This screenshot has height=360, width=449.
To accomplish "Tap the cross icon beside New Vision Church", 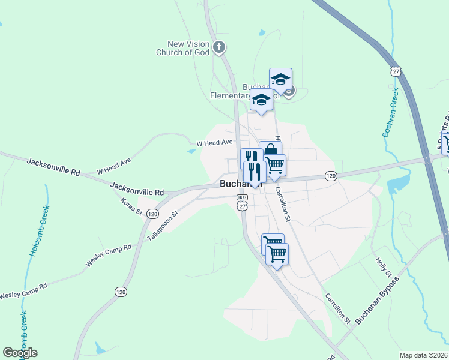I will pos(220,46).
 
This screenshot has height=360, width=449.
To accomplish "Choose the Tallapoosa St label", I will pos(163,226).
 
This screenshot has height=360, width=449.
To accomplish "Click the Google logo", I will pos(20,352).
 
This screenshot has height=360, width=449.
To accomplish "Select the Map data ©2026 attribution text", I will pos(423,355).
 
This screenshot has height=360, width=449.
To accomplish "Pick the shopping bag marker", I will pos(270,149).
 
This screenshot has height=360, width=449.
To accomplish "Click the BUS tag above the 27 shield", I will pos(242,197).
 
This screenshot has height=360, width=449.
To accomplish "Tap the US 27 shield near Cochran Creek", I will pos(395,71).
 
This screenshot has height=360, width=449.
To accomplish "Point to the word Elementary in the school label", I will pos(229,95).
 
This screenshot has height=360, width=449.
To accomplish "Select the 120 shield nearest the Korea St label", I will pos(152,214).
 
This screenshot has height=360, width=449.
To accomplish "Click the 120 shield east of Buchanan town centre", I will pos(331,175).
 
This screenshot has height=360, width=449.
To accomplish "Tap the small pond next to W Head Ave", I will pos(191,151).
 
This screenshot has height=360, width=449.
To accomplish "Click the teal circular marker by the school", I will pos(289,92).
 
